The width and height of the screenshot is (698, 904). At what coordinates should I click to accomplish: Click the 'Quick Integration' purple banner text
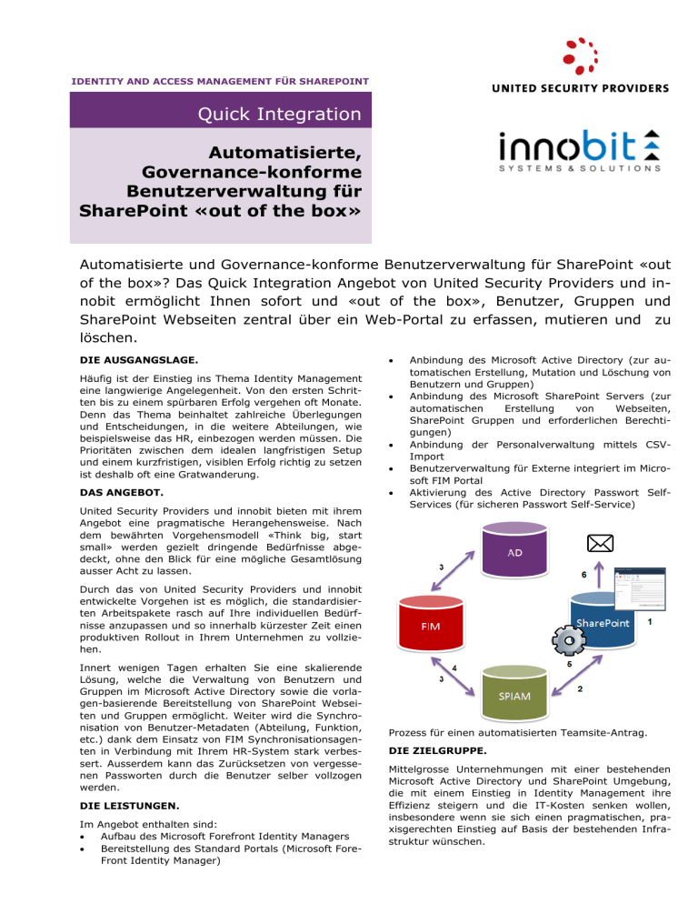click(283, 115)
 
